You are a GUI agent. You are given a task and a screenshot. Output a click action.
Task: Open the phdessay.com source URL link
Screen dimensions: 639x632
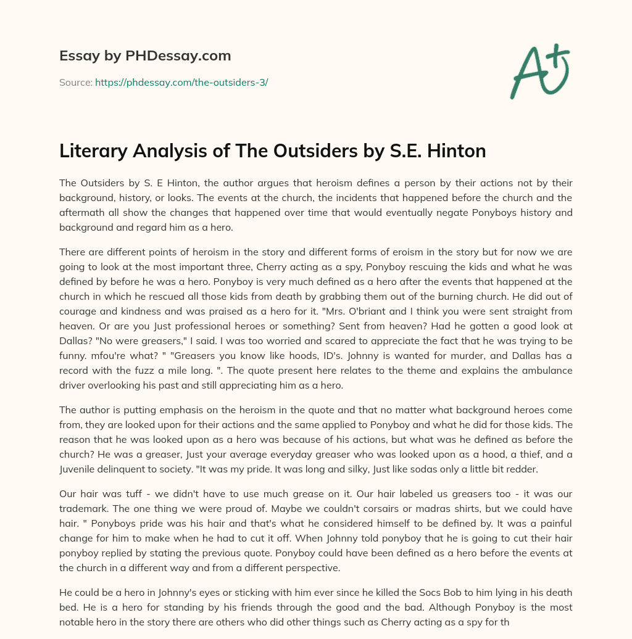[x=181, y=82]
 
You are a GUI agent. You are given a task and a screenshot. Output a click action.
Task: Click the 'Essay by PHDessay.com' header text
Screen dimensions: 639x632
[x=145, y=56]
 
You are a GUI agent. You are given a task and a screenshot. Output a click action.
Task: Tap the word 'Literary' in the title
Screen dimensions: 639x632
[x=91, y=151]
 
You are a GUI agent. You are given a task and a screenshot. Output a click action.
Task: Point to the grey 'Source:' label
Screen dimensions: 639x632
[x=76, y=82]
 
